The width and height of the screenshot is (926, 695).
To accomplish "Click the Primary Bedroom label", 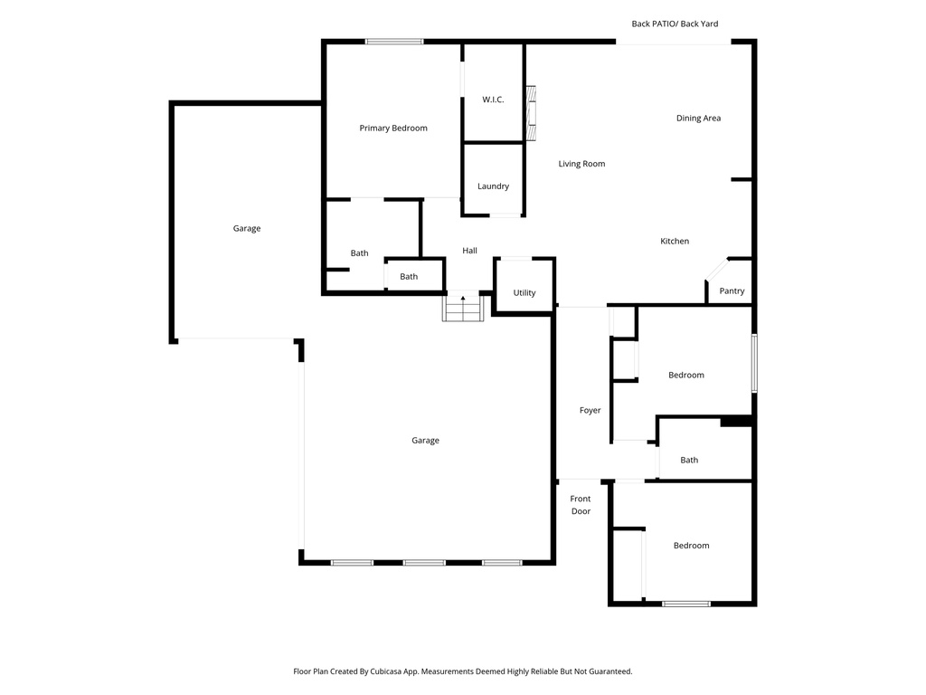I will coord(393,129).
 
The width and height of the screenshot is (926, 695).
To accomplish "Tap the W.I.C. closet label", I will coord(493,100).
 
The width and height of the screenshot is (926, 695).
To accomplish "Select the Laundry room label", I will coord(493,186).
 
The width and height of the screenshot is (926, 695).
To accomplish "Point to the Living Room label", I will coord(581,164).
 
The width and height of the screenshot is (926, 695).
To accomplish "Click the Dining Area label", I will coord(698,119).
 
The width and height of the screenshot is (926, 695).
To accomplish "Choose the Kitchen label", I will coord(675,242).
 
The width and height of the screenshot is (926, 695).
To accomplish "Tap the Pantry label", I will coord(732,291).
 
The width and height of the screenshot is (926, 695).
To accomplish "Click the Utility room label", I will coord(524,293).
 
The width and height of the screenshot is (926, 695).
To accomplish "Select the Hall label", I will coord(469,251).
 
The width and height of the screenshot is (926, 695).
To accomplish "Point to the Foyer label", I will coord(590,411).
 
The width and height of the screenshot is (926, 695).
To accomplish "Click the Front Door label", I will coord(581,505).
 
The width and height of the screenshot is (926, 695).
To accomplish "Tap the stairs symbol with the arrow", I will coord(463,307).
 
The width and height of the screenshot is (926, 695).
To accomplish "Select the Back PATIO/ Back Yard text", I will coord(675,24).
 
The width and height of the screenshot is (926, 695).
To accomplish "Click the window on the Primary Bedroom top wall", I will coord(394,42).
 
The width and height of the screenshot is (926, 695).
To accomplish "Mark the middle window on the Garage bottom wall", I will coord(424,563).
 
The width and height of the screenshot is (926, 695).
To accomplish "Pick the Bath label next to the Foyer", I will coord(689,461).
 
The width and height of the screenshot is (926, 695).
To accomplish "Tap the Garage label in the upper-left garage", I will coord(247,229).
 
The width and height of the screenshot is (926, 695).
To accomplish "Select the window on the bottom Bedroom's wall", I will coord(686,604).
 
